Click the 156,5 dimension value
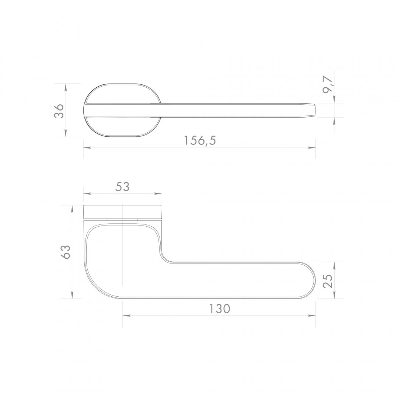[x=200, y=140]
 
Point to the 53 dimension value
[x=122, y=187]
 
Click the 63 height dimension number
[x=66, y=252]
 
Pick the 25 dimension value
[x=328, y=280]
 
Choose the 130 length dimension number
[x=220, y=309]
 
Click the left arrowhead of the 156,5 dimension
[x=87, y=147]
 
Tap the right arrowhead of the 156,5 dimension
[x=312, y=147]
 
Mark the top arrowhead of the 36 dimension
[x=66, y=88]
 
